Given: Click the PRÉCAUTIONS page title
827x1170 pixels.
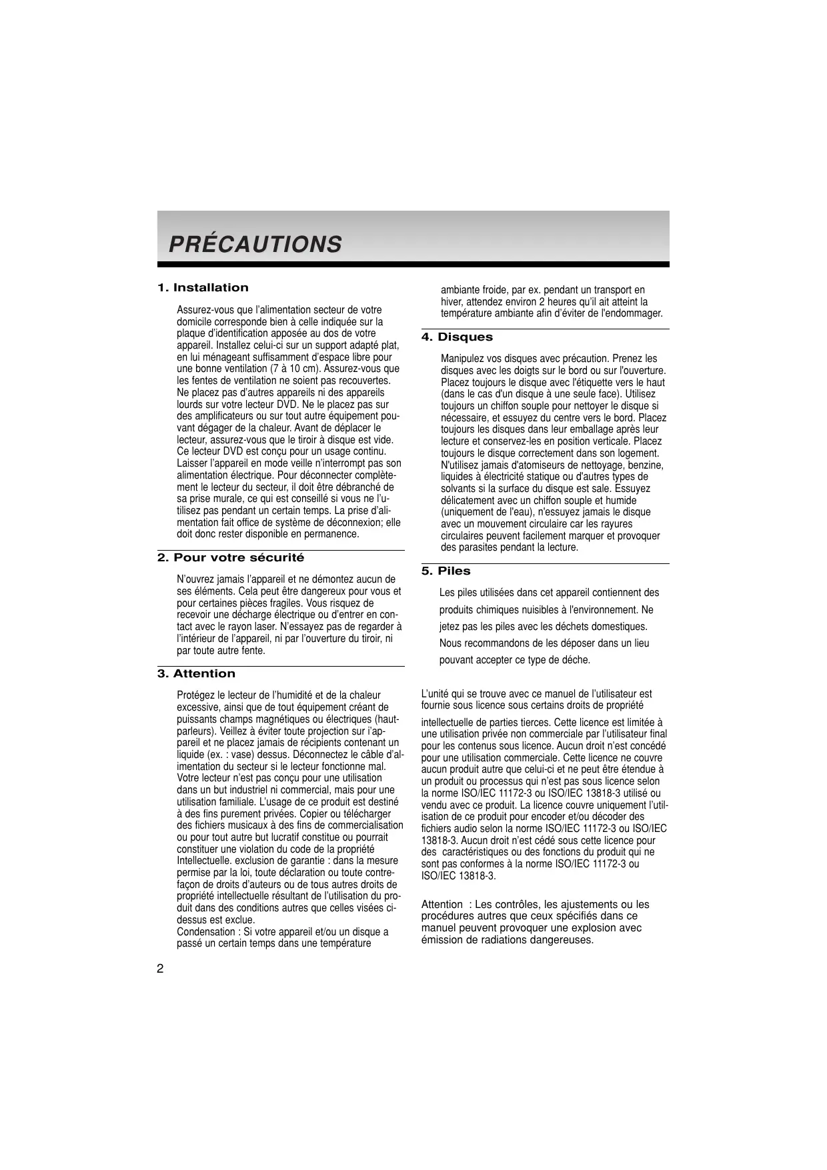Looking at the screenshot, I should click(x=255, y=245).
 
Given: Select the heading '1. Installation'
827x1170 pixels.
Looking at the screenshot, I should click(x=203, y=288).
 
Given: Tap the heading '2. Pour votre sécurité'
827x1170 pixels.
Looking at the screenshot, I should click(x=231, y=558).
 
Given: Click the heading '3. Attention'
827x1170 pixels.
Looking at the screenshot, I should click(x=196, y=674).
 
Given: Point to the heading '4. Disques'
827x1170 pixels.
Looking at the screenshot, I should click(x=457, y=337).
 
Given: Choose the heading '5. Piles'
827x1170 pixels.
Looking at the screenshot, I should click(x=446, y=571).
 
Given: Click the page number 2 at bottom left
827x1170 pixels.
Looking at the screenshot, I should click(x=160, y=969).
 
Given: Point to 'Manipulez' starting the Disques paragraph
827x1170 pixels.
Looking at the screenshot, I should click(x=461, y=359).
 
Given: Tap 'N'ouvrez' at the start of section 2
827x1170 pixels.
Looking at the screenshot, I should click(x=195, y=579).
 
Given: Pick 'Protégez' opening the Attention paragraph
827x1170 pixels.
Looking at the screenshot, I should click(x=196, y=695).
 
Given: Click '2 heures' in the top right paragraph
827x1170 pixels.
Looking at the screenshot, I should click(x=557, y=302).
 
